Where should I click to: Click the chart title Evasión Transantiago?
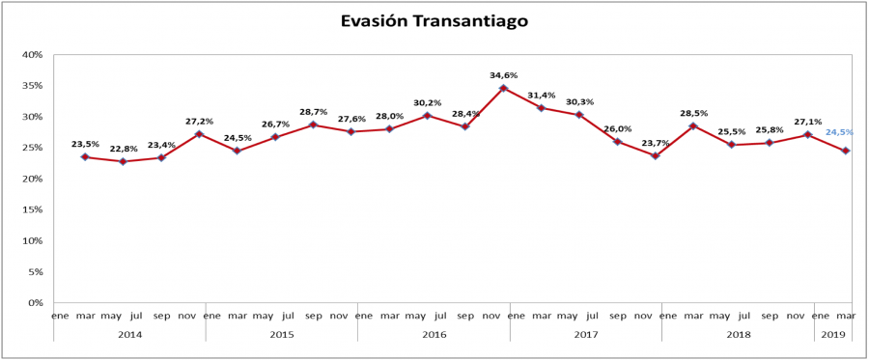pos(434,20)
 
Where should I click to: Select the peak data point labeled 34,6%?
pos(503,88)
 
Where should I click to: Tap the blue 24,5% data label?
pos(838,132)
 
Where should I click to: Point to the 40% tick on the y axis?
pos(32,55)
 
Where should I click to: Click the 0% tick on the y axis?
pos(35,303)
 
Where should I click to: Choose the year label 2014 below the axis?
pos(129,334)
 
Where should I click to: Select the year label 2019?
pos(832,334)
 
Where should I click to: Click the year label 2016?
pos(434,334)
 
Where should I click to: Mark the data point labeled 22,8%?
pos(123,161)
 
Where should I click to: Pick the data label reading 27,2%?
pos(199,122)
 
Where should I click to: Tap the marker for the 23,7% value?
pos(656,155)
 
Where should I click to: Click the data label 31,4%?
pos(542,96)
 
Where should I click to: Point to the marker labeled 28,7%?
pos(313,125)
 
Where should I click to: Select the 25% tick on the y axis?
pos(32,148)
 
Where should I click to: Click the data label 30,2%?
pos(428,103)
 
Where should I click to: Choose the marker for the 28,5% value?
pos(693,125)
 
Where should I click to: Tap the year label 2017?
pos(585,334)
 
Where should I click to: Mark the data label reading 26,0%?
pos(618,129)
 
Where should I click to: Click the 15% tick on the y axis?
pos(32,209)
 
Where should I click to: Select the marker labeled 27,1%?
pos(807,134)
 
